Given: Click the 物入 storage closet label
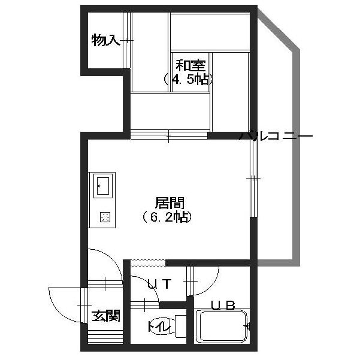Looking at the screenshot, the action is (x=105, y=40).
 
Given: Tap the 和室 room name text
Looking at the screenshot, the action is (x=190, y=66).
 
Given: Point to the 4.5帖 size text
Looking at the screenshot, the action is (x=188, y=80).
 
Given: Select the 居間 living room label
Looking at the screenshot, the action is (x=170, y=203).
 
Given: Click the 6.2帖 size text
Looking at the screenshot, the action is (x=167, y=217).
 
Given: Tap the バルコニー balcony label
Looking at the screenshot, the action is (x=276, y=136).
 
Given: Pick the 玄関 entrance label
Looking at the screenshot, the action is (x=106, y=316).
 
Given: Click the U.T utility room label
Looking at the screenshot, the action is (x=159, y=284).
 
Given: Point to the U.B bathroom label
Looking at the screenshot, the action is (x=223, y=305).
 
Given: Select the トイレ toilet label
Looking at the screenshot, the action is (x=159, y=326).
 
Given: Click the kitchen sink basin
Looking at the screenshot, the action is (x=103, y=186).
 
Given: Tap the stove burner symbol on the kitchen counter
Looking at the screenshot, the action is (x=105, y=217).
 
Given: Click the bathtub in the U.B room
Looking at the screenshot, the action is (x=222, y=326).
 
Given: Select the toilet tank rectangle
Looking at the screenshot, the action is (x=180, y=326).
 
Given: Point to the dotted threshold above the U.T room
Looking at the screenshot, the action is (x=148, y=263).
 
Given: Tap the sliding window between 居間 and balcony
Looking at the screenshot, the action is (x=253, y=178).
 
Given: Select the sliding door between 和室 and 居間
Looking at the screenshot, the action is (x=169, y=136).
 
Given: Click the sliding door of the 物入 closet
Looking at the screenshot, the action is (x=127, y=40).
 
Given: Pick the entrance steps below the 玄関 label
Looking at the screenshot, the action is (x=105, y=337).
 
